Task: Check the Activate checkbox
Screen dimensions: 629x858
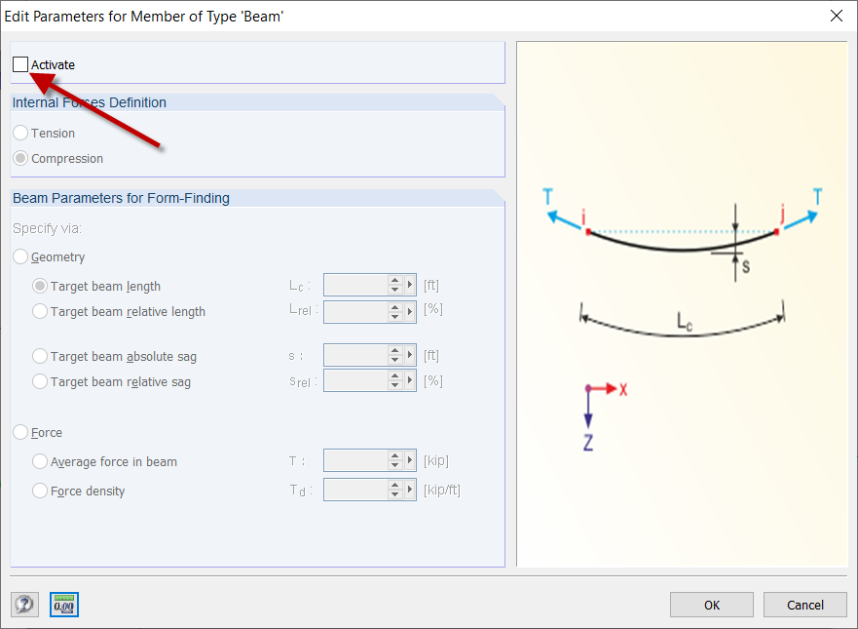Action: pyautogui.click(x=20, y=65)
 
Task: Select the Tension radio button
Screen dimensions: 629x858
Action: pyautogui.click(x=20, y=134)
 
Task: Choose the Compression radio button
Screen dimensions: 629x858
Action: pyautogui.click(x=20, y=159)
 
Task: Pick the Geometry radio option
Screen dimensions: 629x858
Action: pyautogui.click(x=20, y=257)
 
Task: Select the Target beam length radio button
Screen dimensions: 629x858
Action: pyautogui.click(x=40, y=287)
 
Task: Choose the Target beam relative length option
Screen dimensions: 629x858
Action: pyautogui.click(x=40, y=312)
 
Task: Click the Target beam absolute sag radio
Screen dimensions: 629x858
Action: pyautogui.click(x=40, y=357)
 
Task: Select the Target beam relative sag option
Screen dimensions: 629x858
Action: pyautogui.click(x=40, y=382)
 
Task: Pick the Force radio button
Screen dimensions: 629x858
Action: pyautogui.click(x=20, y=433)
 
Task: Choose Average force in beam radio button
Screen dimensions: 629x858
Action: pyautogui.click(x=40, y=462)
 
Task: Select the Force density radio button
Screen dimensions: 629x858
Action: pyautogui.click(x=40, y=491)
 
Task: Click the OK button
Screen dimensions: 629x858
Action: pyautogui.click(x=712, y=605)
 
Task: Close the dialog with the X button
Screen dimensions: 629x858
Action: pyautogui.click(x=836, y=16)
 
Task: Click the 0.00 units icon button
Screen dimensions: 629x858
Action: pyautogui.click(x=64, y=605)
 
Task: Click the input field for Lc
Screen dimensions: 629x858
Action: pyautogui.click(x=354, y=286)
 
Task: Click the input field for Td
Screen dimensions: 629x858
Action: pyautogui.click(x=354, y=491)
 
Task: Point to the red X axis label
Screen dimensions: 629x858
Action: pyautogui.click(x=623, y=389)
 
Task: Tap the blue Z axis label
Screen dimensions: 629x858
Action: pyautogui.click(x=588, y=443)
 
